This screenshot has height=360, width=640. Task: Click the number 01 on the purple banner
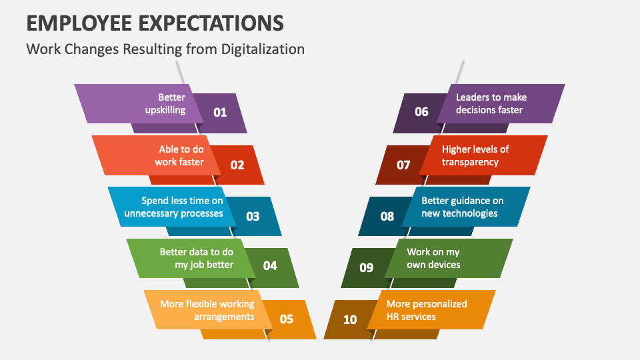tap(220, 112)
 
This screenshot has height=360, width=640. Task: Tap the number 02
tap(237, 165)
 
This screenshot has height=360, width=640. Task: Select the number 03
tap(253, 216)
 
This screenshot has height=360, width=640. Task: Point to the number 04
tap(270, 266)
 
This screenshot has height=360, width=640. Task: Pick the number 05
tap(286, 319)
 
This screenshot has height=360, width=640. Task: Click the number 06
tap(421, 112)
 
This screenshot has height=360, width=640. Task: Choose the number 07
tap(403, 165)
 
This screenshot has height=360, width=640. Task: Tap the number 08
tap(387, 216)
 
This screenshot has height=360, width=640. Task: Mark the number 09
tap(366, 268)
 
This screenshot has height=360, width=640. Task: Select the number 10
tap(350, 319)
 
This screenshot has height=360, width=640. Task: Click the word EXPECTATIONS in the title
tap(211, 23)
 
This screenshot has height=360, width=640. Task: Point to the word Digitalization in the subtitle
tap(263, 49)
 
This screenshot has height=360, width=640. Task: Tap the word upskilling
tap(165, 110)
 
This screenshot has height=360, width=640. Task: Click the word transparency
tap(470, 163)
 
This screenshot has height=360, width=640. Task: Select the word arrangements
tap(224, 317)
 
